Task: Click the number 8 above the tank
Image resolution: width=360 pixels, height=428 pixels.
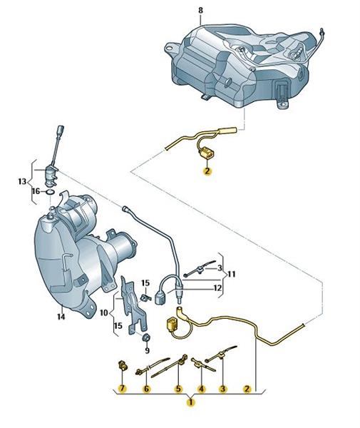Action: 200,11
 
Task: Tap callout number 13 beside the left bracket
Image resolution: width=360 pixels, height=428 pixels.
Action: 22,181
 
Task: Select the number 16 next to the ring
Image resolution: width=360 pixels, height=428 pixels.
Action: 36,191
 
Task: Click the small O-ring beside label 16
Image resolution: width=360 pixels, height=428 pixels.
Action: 50,193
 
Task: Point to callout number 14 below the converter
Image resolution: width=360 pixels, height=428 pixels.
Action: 61,317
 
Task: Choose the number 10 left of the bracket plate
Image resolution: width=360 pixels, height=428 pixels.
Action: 104,312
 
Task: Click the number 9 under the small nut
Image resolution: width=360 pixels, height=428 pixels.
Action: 148,350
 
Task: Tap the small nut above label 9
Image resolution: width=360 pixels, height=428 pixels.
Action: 146,338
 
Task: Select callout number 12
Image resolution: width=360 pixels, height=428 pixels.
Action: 217,287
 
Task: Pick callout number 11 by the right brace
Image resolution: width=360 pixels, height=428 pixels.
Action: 232,274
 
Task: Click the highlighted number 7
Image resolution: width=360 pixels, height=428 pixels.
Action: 122,388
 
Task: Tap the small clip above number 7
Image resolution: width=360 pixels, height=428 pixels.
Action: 121,365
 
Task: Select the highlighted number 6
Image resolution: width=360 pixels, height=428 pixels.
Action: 146,388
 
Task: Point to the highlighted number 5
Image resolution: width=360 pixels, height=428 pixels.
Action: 178,388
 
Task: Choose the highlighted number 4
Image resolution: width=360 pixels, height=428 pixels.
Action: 201,388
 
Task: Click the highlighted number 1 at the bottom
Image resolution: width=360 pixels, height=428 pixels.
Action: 190,402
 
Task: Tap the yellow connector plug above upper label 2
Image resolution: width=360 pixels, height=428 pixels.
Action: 207,153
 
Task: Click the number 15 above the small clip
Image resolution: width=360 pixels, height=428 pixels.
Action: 145,283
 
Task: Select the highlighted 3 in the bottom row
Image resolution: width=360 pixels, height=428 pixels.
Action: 223,388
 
